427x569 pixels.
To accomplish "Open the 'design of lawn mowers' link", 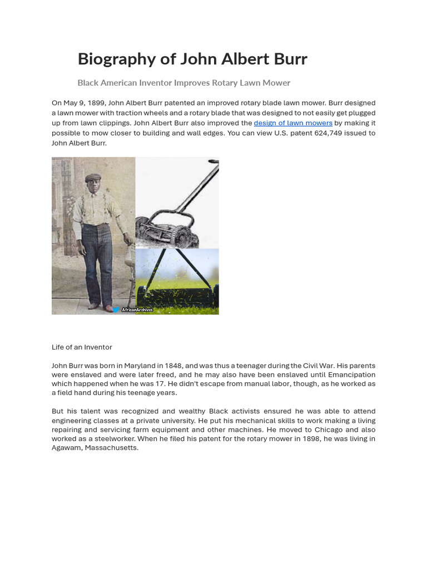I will point(293,123).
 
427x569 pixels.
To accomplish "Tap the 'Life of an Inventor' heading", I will point(82,347).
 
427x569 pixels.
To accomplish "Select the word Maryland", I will point(140,366).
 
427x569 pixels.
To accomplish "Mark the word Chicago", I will point(326,430).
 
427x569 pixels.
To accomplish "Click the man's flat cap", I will point(93,178).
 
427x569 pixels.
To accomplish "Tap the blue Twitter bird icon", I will point(116,310).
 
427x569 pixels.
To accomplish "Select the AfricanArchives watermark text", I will point(137,310).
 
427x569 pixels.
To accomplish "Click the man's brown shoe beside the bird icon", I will point(107,307).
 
